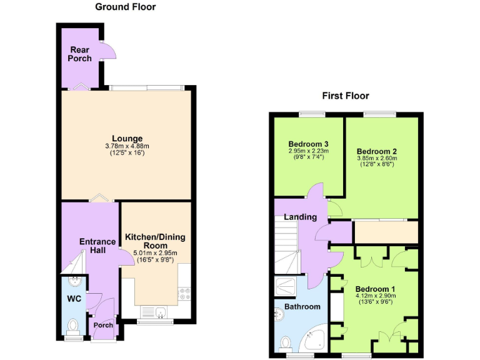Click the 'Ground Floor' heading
coord(125,7)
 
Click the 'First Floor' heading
coord(345,96)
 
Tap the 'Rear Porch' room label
coord(81,54)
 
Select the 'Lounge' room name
coord(127,138)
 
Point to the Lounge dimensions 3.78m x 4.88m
coord(127,146)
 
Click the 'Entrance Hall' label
coord(97,246)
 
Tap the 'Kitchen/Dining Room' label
coord(154,241)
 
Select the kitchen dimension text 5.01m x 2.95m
coord(154,253)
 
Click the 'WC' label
coord(74,299)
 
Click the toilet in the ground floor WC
coord(74,326)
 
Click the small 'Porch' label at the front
coord(103,325)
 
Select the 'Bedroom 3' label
coord(308,142)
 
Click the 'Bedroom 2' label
coord(377,151)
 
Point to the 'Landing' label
coord(300,217)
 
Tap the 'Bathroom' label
coord(302,306)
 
